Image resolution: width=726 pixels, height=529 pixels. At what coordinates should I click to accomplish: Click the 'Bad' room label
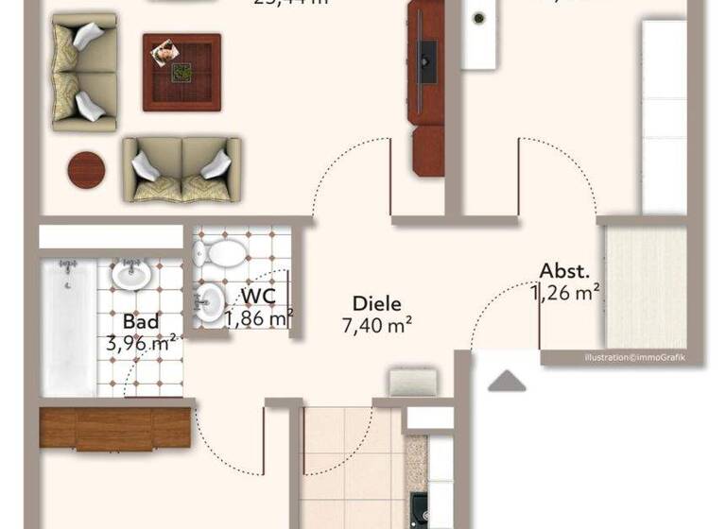(141, 322)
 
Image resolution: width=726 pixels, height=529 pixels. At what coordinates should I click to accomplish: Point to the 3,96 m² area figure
(143, 344)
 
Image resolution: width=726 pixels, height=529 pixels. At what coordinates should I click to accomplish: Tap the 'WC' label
(258, 296)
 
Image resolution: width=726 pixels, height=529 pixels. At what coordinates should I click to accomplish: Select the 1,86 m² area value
(259, 318)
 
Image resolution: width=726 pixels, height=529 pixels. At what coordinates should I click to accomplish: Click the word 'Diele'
(376, 304)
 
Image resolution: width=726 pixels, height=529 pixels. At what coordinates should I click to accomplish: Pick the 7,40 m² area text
(376, 326)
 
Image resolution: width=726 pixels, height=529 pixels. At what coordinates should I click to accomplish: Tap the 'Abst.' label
(565, 270)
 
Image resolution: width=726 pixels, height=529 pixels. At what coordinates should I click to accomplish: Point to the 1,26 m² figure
(566, 292)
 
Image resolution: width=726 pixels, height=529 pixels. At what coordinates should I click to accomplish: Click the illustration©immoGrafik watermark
(634, 357)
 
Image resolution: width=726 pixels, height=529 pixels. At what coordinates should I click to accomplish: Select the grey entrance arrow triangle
(508, 381)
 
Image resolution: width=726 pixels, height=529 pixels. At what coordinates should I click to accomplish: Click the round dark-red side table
(86, 170)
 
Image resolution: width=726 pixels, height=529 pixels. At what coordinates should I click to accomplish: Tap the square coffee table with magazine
(181, 72)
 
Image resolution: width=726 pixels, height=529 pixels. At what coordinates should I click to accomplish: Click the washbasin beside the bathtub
(128, 275)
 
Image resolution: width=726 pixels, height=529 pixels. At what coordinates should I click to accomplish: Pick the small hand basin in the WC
(211, 303)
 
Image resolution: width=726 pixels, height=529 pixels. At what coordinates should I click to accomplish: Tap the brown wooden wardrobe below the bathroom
(115, 428)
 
